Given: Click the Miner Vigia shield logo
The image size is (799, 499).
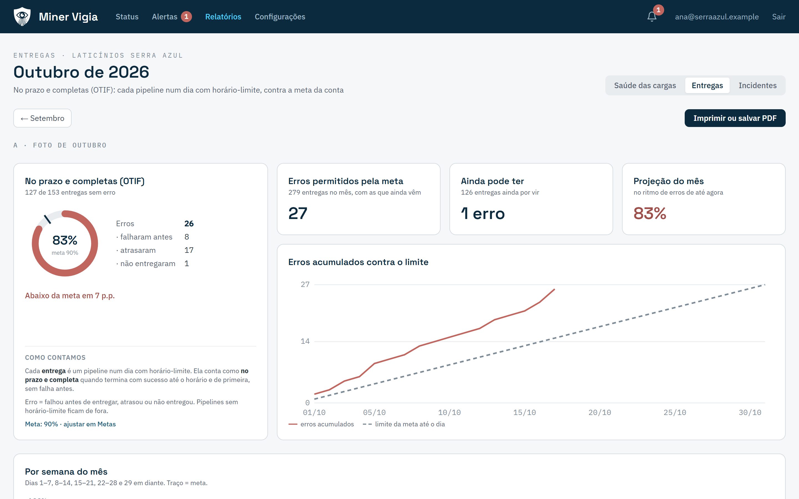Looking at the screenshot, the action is [x=22, y=17].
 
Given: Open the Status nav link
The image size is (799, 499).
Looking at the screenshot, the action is [x=127, y=17].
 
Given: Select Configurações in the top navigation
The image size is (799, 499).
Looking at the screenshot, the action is [x=280, y=17].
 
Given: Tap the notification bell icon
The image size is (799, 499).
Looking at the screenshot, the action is [x=652, y=17].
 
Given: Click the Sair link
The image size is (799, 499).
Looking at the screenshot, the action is [x=778, y=17].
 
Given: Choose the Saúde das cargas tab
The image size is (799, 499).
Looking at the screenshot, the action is [x=645, y=85].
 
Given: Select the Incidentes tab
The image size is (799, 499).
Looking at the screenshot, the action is [x=757, y=85].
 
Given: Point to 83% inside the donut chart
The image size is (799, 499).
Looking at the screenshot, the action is [x=65, y=240].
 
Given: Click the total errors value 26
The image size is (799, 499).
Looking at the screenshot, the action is [x=189, y=224].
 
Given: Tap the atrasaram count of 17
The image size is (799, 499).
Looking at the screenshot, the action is [x=189, y=250].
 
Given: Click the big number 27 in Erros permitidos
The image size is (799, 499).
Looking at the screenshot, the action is [x=298, y=213].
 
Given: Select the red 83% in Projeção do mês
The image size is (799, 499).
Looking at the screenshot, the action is [x=650, y=213].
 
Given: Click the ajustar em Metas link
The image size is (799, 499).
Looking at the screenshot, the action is [x=90, y=424].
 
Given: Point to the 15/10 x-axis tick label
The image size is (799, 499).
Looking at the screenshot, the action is [x=524, y=413].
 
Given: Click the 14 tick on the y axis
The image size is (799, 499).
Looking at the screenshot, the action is [x=305, y=341].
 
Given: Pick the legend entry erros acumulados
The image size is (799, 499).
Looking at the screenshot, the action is [x=321, y=424].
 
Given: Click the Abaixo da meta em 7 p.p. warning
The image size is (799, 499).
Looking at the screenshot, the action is [x=70, y=296].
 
